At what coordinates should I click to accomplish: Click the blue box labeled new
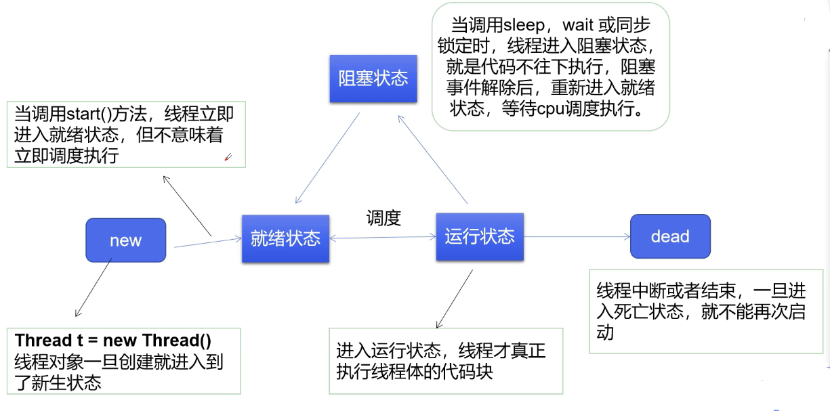(x=125, y=240)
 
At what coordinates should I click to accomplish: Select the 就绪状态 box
(x=285, y=238)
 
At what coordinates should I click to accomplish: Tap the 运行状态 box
(x=480, y=236)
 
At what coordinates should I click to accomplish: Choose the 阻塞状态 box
(x=373, y=79)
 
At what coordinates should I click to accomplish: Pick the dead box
(x=670, y=236)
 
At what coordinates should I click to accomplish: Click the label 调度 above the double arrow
(x=383, y=218)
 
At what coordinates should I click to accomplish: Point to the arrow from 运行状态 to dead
(x=577, y=236)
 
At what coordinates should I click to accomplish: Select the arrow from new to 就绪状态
(x=208, y=242)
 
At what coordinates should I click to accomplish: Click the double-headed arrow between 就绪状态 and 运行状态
(x=383, y=238)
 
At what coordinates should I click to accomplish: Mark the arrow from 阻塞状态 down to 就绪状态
(x=327, y=158)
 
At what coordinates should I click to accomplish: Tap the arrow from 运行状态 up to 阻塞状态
(x=432, y=159)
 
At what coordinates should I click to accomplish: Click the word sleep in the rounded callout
(x=524, y=26)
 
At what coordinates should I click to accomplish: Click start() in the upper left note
(x=89, y=114)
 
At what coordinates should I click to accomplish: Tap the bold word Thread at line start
(x=43, y=341)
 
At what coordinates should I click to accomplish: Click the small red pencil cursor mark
(x=228, y=157)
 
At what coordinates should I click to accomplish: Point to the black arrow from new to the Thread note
(x=93, y=288)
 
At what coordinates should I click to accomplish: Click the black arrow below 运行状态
(x=454, y=299)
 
